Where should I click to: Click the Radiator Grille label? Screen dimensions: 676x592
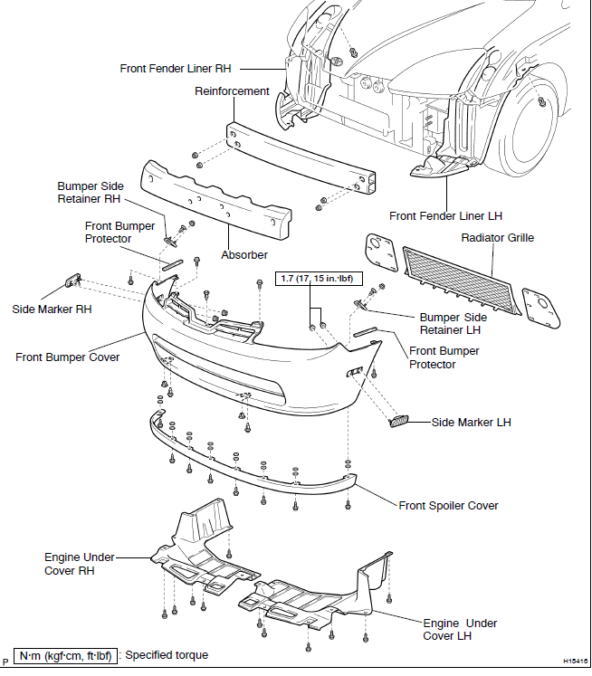coord(497,238)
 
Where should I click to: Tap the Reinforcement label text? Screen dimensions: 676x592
coord(233,91)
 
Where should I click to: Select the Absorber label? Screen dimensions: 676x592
coord(244,255)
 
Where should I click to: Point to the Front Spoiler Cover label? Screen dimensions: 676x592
coord(448,505)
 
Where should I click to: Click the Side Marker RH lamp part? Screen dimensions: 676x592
coord(72,281)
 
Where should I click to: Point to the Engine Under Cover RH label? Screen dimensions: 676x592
coord(80,564)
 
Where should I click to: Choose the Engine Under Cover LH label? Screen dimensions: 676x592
coord(460,629)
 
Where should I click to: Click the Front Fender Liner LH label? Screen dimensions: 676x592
coord(445,216)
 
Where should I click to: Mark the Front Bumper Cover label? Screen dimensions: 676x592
coord(67,357)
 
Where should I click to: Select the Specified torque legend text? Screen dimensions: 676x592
coord(167,655)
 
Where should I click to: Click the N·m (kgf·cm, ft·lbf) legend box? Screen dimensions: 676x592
coord(66,655)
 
